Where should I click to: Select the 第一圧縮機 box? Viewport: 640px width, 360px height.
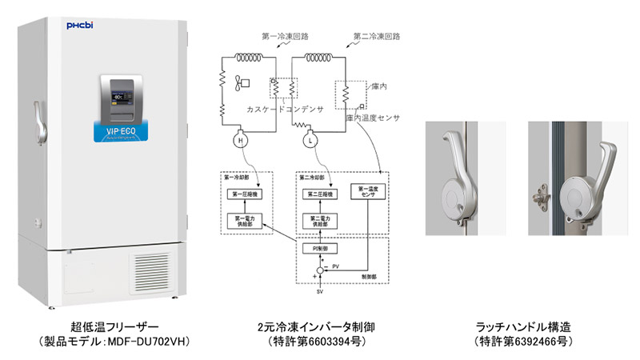pos(247,194)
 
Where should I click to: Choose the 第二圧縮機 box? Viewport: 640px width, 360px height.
pos(318,194)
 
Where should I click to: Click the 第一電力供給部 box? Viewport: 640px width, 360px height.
pos(247,222)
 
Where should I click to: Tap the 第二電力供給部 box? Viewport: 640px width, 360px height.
pos(318,222)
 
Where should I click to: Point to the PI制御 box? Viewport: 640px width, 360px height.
pos(318,249)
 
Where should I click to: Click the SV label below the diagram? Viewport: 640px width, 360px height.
pos(318,295)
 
